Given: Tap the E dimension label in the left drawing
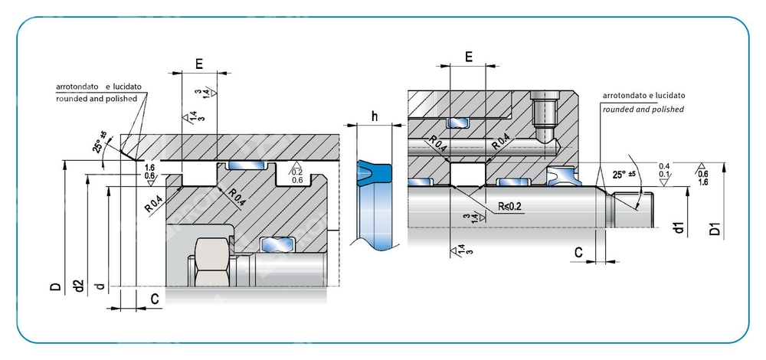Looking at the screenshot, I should (199, 64).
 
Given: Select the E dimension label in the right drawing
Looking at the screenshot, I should (469, 56).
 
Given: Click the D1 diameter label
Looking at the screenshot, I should (715, 228).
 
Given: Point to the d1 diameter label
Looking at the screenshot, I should (677, 228).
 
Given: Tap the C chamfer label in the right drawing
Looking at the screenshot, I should (579, 251).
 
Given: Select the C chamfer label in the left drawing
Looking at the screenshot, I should (155, 299).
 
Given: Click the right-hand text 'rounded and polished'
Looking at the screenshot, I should (643, 110).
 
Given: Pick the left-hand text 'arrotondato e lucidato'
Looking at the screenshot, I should (99, 87).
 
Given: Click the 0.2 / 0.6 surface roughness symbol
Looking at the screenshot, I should (297, 175).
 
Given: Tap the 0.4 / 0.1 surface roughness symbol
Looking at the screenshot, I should (664, 171).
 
